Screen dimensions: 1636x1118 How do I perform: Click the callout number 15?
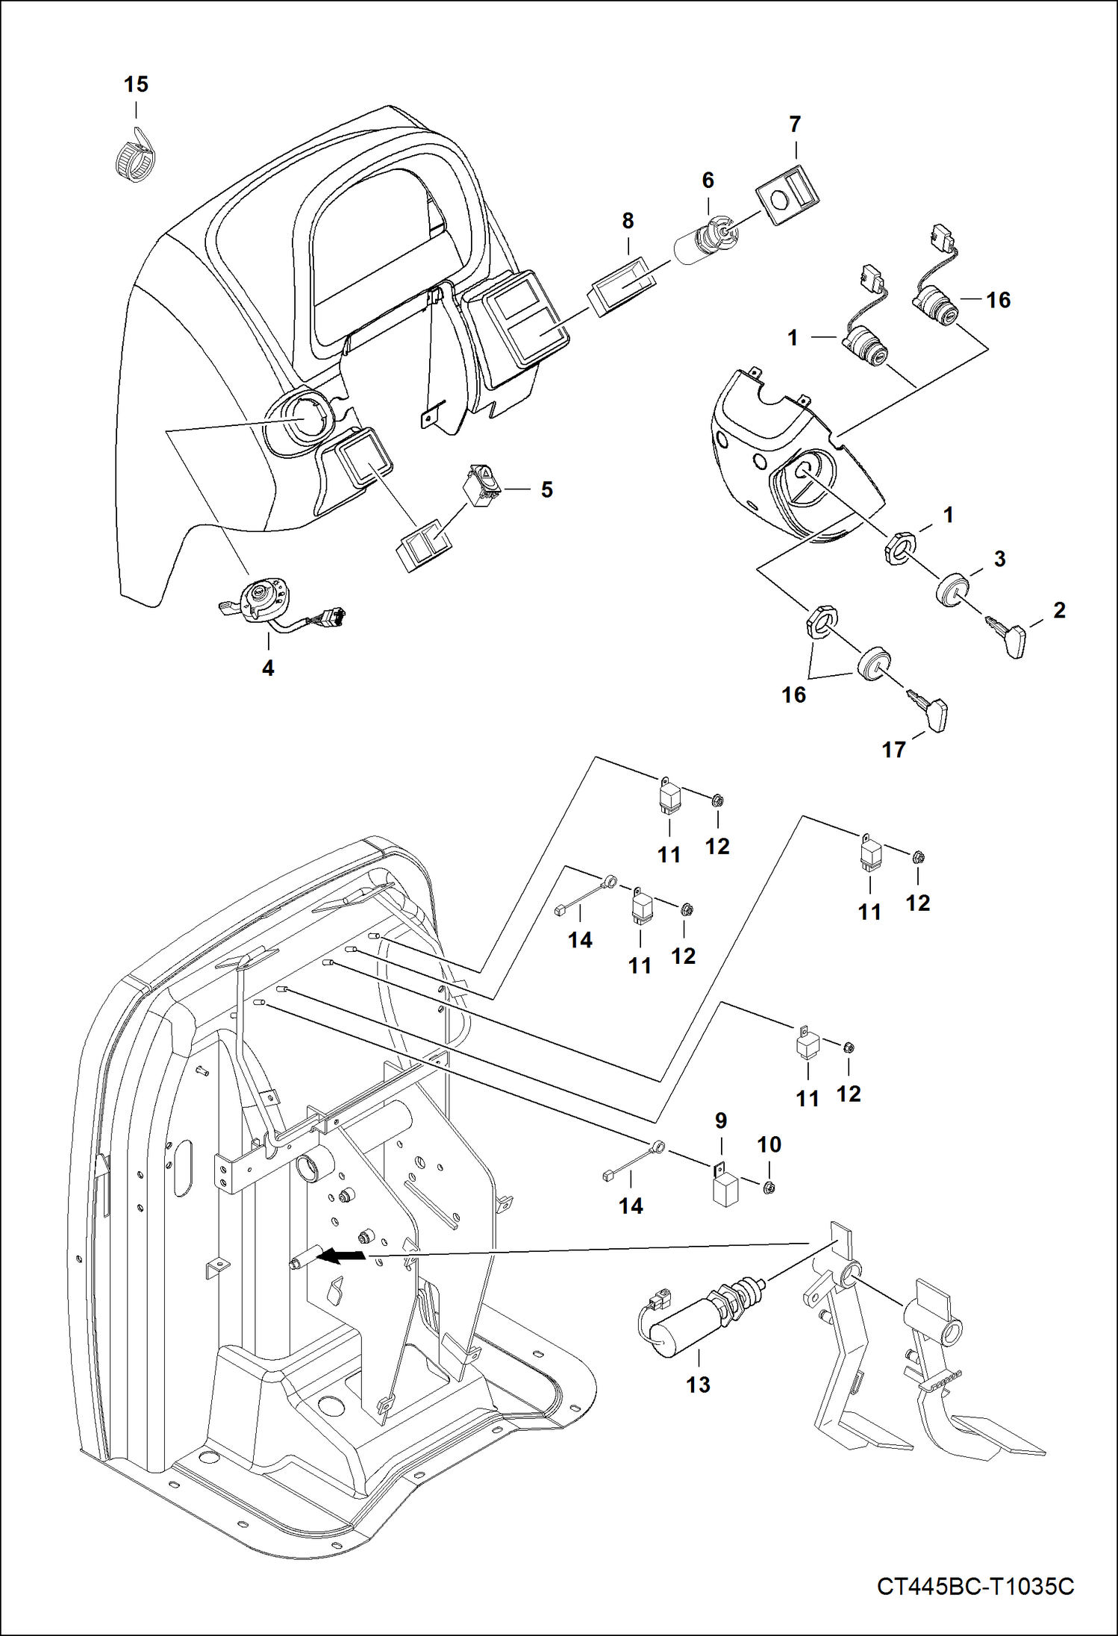136,84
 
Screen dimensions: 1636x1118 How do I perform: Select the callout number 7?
794,124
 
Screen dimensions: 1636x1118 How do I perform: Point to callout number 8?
628,221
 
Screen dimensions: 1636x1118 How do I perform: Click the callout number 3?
999,559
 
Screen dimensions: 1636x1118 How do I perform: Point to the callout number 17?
893,750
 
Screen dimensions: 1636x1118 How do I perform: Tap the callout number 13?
698,1385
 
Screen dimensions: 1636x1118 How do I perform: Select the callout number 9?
720,1121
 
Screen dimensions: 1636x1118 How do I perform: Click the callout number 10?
769,1144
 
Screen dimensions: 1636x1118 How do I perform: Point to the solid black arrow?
342,1257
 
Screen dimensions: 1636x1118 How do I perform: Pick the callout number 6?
708,181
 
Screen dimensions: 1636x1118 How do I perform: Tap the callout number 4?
268,668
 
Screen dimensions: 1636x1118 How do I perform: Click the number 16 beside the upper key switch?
998,300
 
